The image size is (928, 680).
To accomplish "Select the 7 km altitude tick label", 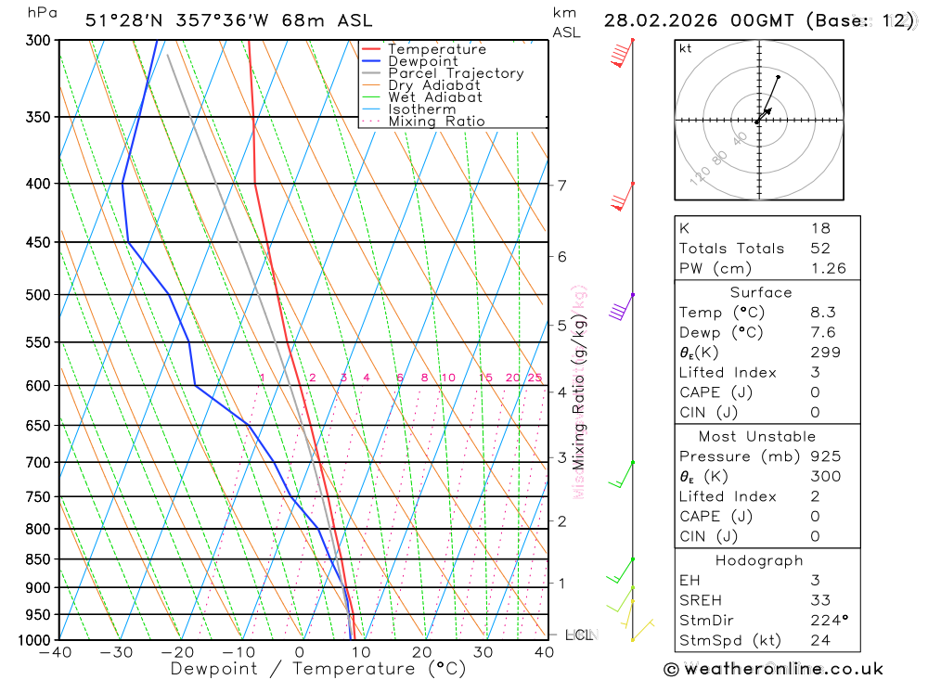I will tap(562, 185).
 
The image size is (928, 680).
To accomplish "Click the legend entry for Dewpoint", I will tap(423, 61).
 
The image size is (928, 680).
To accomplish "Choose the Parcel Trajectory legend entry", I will tap(456, 73).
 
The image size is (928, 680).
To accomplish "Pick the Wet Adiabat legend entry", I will tap(435, 97).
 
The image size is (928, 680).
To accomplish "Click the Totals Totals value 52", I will tap(820, 249).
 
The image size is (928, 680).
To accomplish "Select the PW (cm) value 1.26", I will tap(828, 269).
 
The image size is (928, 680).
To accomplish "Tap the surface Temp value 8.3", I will tap(822, 313).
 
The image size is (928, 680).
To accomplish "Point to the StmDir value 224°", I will tap(828, 621).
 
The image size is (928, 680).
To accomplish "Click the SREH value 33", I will tap(820, 600).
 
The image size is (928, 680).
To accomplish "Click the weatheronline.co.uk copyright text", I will tap(773, 669).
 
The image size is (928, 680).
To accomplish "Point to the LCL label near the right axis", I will tap(578, 635).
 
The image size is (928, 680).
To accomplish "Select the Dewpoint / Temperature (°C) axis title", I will tap(318, 669).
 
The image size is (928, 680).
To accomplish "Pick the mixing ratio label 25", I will tap(535, 378).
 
